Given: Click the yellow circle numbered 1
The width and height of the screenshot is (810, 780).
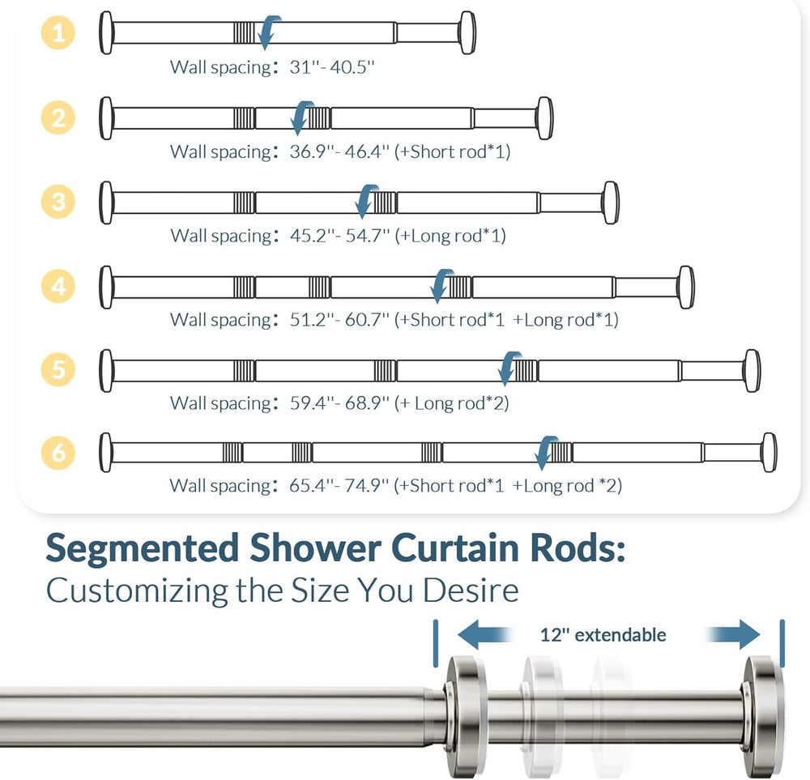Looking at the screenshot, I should (x=58, y=33).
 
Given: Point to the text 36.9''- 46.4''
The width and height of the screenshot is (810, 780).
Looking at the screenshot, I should (x=340, y=151).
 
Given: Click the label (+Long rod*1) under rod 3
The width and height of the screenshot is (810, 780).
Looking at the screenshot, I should (x=450, y=236).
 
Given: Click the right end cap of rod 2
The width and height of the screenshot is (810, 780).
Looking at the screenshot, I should (x=544, y=117).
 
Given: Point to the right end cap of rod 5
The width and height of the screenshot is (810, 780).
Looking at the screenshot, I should (x=752, y=370).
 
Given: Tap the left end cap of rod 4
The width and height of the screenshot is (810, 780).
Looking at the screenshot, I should (x=105, y=287).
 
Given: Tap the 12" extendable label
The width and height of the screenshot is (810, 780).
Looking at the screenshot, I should (x=603, y=635).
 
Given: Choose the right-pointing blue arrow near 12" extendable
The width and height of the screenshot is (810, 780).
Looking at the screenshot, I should (x=733, y=636).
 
